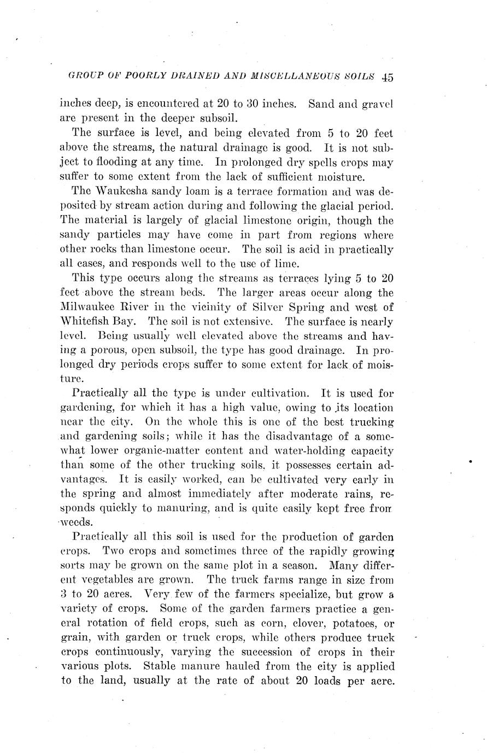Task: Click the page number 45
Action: (388, 78)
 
